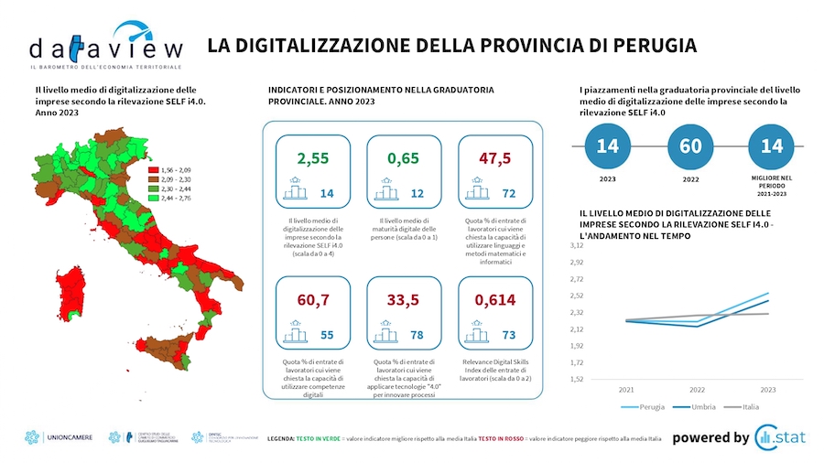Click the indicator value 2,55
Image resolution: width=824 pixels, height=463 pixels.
coord(312,158)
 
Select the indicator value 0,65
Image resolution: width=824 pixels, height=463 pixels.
coord(403,158)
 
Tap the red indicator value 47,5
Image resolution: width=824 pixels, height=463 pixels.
coord(494,158)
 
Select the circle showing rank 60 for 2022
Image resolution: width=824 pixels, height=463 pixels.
coord(690,146)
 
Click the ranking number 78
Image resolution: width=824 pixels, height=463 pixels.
coord(417,336)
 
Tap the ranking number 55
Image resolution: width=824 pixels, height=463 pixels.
coord(327,336)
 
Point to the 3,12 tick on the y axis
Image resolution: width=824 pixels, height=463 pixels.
coord(575,246)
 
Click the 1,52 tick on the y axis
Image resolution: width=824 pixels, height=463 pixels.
coord(575,379)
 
